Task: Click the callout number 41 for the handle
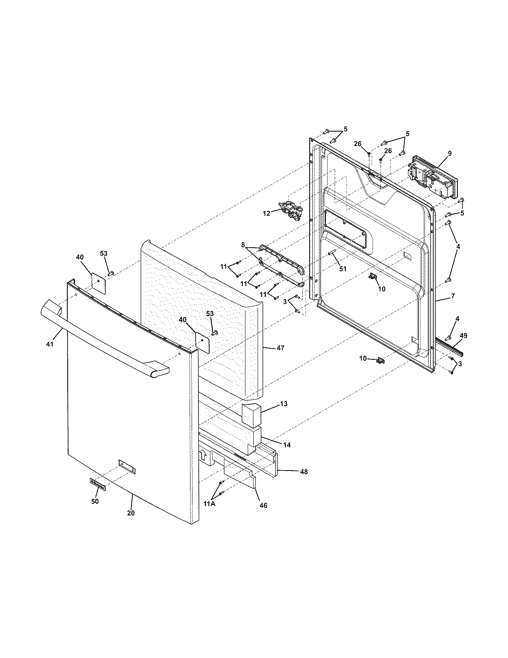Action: click(x=49, y=343)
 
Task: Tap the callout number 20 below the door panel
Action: click(x=131, y=513)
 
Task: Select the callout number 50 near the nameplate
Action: click(x=95, y=502)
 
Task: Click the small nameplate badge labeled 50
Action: click(x=98, y=484)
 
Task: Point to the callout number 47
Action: click(x=280, y=348)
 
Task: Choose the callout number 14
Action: click(x=287, y=445)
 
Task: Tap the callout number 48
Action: click(x=304, y=472)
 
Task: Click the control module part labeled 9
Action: click(x=432, y=178)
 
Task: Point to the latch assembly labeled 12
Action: click(x=291, y=210)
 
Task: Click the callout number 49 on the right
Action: click(x=463, y=336)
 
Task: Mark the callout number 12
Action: click(x=267, y=213)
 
